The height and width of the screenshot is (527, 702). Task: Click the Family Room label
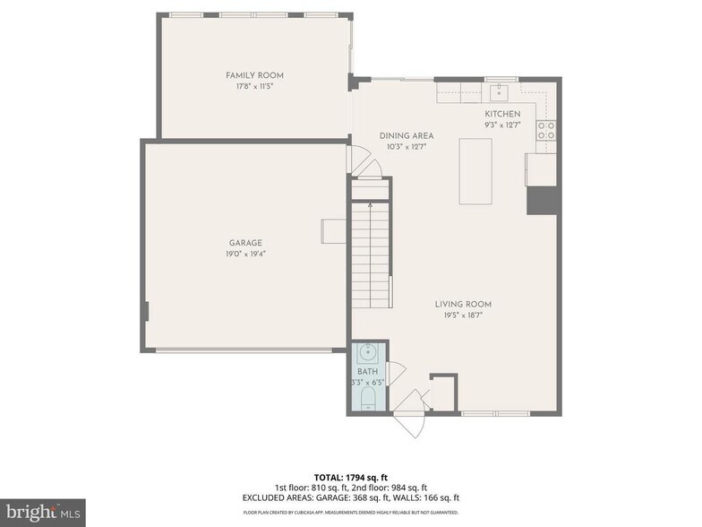pos(254,75)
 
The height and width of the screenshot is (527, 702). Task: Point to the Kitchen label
pos(501,114)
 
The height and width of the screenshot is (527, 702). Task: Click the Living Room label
pos(463,304)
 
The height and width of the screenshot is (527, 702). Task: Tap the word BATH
pos(367,371)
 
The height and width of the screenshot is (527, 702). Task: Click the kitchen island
pos(475,171)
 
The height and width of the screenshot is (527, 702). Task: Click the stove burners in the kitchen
pos(545,130)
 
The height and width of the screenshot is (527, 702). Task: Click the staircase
pos(370,255)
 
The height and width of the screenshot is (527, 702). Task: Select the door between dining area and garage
pos(358,161)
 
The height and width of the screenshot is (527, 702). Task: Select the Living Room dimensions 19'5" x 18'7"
pos(463,315)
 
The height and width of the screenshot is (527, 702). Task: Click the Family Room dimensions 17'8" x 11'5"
pos(254,87)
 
